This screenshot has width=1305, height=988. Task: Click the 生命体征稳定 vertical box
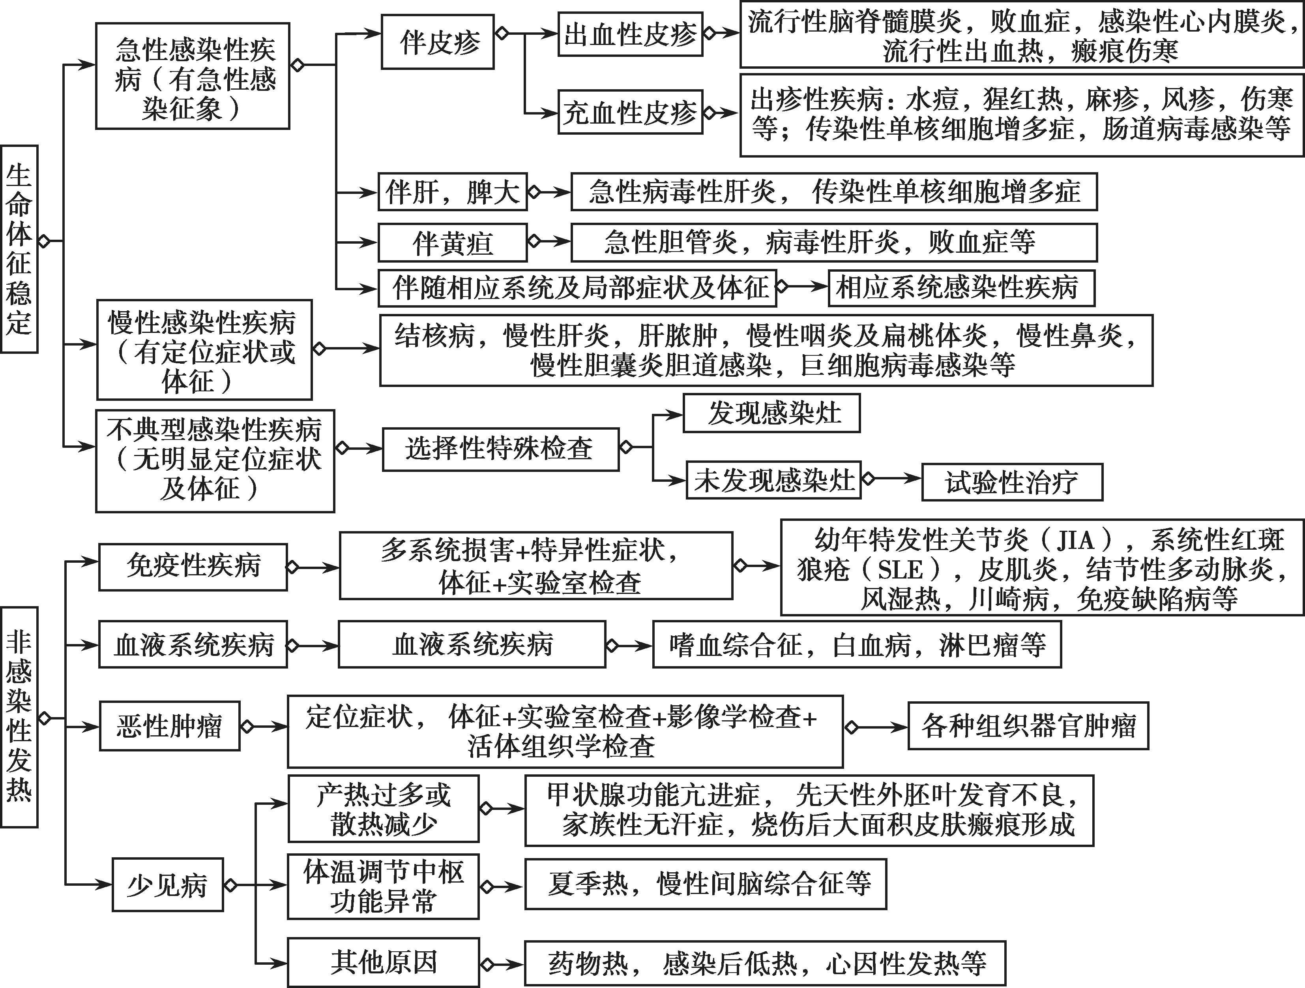coord(19,249)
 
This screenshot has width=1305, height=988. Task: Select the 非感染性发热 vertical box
coord(19,717)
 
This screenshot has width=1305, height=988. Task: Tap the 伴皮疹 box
coord(438,41)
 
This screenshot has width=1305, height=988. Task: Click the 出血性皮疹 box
coord(631,34)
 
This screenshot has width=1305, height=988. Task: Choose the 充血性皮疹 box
coord(631,112)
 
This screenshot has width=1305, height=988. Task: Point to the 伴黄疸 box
coord(453,242)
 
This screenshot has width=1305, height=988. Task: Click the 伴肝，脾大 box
coord(453,192)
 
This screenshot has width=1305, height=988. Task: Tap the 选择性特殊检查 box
coord(501,449)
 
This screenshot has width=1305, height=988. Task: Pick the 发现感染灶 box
coord(771,413)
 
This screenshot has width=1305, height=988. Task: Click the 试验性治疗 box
coord(1012,482)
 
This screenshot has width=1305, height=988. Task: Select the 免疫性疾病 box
coord(193,567)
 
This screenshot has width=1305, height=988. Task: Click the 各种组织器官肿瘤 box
coord(1028,726)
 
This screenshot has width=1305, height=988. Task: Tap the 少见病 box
coord(168,885)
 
